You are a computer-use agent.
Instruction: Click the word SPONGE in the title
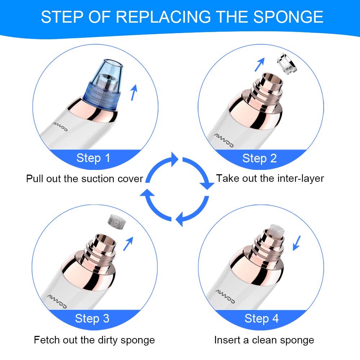coord(288,17)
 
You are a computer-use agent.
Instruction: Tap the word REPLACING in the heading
coord(163,17)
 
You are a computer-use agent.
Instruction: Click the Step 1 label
coord(93,158)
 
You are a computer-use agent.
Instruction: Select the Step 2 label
coord(260,158)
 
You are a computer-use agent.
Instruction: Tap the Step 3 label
coord(92,319)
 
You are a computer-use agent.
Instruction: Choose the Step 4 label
coord(261,319)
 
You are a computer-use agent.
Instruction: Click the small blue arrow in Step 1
coord(134,92)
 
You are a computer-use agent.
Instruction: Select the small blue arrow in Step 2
coord(260,64)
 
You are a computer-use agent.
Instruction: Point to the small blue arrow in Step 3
coord(129,244)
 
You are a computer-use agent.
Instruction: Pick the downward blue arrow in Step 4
coord(297,243)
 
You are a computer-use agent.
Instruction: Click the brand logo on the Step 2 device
coord(224,140)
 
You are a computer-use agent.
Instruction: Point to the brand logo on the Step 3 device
coord(57,301)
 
